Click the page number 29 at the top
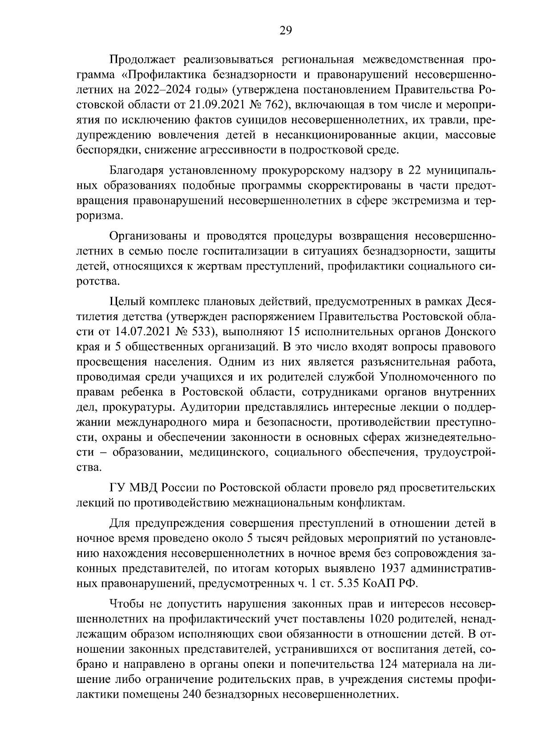285,30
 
